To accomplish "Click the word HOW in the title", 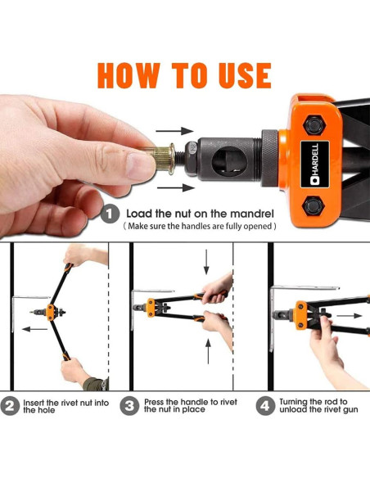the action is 129,75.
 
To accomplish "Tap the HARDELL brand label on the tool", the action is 315,164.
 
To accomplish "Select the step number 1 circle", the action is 110,214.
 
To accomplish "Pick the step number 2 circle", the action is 10,406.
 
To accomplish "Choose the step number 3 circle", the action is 129,406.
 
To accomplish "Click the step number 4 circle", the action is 265,406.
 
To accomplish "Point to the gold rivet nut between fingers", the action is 165,159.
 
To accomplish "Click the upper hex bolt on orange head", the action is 314,124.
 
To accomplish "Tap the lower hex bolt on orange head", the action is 314,206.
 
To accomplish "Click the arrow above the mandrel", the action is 174,131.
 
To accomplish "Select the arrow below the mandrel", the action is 176,187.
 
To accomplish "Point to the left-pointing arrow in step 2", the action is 34,329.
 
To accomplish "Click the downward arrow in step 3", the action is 206,262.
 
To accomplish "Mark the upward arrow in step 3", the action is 208,351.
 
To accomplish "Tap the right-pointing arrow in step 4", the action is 350,316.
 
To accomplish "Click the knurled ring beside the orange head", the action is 269,158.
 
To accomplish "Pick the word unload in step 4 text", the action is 293,409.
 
